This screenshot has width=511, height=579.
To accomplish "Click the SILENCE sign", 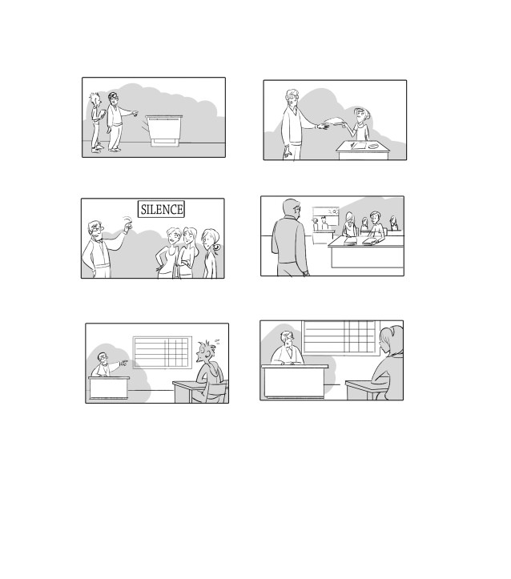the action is click(161, 209).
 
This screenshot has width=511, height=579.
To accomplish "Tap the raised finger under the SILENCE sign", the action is click(128, 224).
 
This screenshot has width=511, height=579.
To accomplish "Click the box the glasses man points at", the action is click(164, 131).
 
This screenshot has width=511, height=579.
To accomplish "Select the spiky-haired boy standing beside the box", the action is click(97, 123).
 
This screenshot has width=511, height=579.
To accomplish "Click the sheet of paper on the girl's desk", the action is click(358, 146).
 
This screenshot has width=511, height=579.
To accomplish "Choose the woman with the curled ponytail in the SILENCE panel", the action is click(210, 253).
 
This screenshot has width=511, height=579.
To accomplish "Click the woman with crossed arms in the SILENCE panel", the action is click(187, 252).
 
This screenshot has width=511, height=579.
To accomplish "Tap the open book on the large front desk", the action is click(370, 241).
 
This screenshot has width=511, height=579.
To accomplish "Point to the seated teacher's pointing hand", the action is click(123, 362).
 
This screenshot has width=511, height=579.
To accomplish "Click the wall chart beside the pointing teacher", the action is click(163, 352).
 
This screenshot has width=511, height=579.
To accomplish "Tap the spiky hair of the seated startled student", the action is click(207, 347).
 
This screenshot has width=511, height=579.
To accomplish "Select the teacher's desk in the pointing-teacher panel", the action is click(109, 388).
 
